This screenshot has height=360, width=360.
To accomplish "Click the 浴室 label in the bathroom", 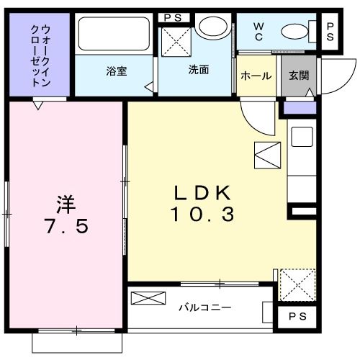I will point(117,71).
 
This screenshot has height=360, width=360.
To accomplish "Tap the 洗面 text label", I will point(199,70).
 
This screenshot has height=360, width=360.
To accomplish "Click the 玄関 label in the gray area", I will point(299,75).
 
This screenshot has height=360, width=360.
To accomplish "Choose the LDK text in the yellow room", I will point(202,192).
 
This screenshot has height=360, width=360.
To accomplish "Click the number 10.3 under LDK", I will point(202,214).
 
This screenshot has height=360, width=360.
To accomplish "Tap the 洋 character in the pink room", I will point(66,202).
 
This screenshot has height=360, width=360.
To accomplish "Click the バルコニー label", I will point(204,308).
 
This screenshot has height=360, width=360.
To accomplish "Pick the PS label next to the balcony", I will point(296,317).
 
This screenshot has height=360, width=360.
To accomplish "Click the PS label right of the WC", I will point(330,31).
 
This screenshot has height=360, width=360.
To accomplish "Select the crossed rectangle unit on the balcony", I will point(148,299).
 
